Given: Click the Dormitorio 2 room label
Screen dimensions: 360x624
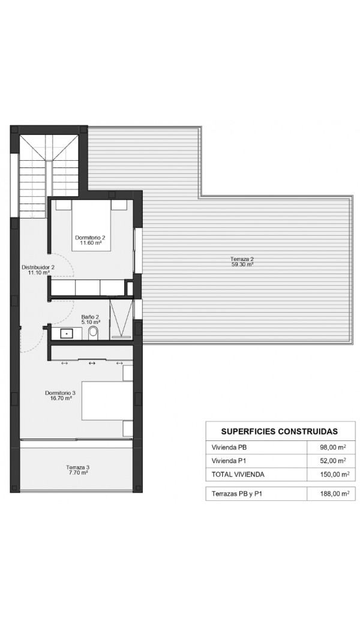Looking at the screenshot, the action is [90, 238].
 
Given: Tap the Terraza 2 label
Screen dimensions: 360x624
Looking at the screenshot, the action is [242, 259].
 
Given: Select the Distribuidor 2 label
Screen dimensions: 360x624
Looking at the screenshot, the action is [38, 268].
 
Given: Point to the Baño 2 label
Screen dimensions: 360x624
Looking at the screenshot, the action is [91, 317].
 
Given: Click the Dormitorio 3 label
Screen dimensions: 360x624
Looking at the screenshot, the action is [60, 392].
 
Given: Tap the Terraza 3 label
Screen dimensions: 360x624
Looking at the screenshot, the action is [77, 467].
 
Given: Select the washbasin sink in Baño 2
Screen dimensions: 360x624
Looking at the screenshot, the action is [66, 333].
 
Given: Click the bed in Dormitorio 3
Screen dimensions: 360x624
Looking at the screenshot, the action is [107, 400].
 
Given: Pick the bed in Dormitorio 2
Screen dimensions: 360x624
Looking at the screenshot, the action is [91, 225].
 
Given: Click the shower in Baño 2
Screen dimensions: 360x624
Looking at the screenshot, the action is [121, 319].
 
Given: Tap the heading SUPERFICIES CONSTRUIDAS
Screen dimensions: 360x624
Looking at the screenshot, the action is [279, 431].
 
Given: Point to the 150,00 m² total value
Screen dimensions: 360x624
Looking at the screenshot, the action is [335, 474].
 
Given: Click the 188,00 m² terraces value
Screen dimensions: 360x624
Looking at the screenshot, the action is [335, 494].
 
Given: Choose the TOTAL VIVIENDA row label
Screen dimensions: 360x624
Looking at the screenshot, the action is [238, 474].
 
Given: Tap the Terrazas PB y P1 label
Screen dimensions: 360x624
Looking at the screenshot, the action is [237, 494].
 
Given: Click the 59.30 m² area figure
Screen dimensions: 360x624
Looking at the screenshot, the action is [242, 264].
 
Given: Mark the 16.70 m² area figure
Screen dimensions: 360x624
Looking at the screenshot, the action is [61, 398].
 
